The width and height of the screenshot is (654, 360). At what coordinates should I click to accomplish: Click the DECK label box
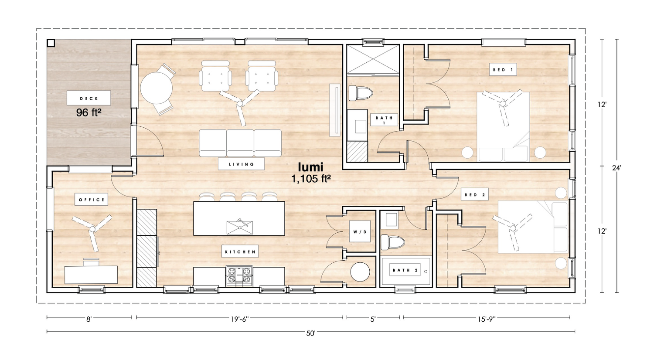89,98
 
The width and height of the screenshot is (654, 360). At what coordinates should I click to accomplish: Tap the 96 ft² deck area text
89,112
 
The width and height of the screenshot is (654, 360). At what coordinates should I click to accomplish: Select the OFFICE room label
92,200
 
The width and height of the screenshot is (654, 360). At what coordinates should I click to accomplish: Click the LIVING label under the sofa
241,164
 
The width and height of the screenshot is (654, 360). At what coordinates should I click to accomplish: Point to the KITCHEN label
240,251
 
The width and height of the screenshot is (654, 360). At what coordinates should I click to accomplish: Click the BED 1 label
503,69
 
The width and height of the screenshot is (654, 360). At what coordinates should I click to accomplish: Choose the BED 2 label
474,194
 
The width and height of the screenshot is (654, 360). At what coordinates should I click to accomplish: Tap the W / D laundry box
360,231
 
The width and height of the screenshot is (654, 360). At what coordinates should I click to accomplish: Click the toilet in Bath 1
361,93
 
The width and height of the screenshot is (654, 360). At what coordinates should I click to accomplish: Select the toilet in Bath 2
393,242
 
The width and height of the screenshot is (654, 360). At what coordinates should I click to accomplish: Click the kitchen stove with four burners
239,275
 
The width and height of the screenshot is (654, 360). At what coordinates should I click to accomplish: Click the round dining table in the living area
157,88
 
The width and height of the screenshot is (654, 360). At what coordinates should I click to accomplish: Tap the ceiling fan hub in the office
92,230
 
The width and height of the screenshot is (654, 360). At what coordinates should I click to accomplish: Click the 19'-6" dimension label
239,319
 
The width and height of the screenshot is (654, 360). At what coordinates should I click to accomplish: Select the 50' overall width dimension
310,333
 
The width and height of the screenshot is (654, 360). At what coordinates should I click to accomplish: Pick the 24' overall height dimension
617,168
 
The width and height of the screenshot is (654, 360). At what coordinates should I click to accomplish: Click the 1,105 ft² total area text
311,179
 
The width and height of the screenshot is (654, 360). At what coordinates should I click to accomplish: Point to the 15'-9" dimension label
487,319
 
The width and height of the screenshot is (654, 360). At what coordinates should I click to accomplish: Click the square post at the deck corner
51,43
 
